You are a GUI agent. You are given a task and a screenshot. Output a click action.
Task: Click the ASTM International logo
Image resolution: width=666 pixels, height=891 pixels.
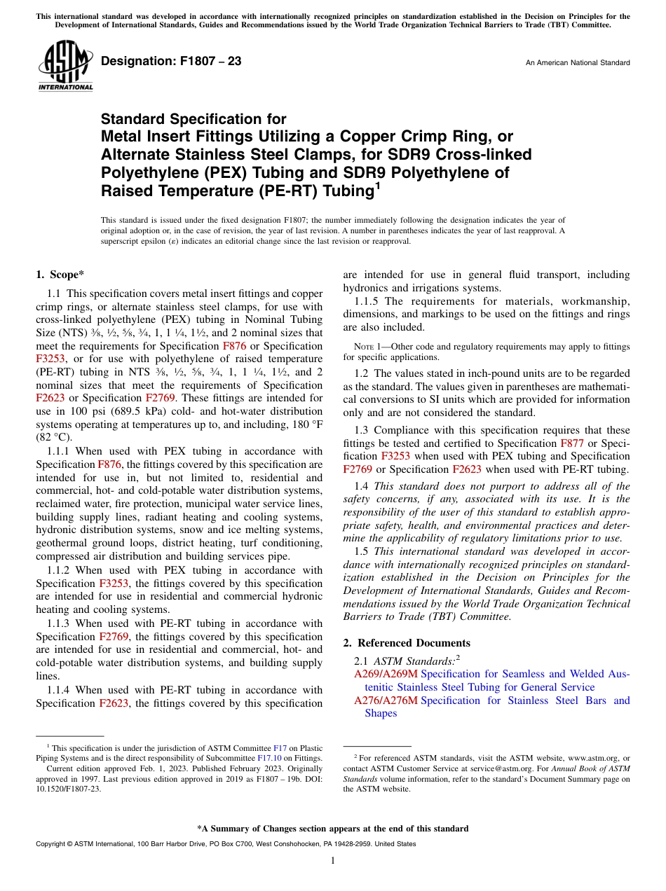pos(64,65)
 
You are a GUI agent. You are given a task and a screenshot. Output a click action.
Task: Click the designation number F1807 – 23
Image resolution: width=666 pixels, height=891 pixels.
pos(171,62)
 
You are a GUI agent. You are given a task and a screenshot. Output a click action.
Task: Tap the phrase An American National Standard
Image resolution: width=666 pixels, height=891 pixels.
pos(577,63)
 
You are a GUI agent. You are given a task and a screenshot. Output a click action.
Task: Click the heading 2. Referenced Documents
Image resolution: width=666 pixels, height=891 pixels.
pos(407,643)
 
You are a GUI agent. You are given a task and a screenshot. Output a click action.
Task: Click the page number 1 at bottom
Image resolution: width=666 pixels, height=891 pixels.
pos(333,860)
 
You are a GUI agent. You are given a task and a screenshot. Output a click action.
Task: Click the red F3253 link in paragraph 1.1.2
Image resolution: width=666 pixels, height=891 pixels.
pos(113,583)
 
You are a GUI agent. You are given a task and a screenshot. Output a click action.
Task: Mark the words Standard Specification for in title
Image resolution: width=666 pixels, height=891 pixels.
pos(193,119)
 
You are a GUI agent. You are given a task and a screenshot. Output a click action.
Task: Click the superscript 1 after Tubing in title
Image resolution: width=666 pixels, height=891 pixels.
pos(377,186)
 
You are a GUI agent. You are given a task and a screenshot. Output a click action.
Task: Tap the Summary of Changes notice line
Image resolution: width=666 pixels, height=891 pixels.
pos(333,829)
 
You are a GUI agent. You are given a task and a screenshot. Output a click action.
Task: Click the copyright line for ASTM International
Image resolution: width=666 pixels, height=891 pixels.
pos(225,844)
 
